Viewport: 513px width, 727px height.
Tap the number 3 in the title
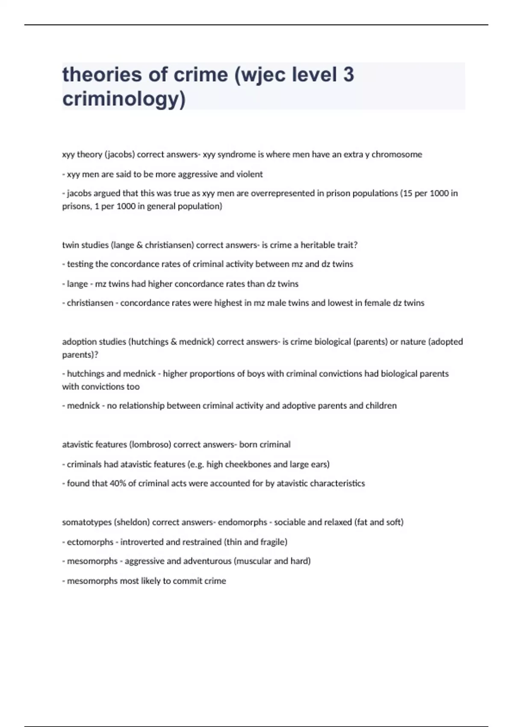(348, 75)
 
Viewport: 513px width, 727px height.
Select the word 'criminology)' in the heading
(124, 99)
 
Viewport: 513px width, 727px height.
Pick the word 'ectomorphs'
(90, 542)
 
